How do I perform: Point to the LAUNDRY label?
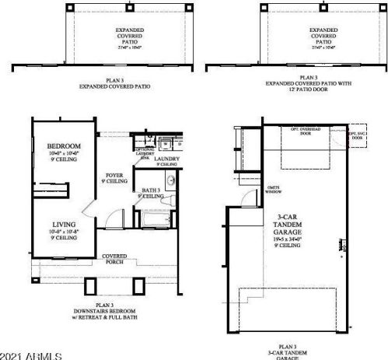168,159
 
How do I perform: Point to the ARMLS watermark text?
31,355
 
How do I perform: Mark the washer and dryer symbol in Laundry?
166,145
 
